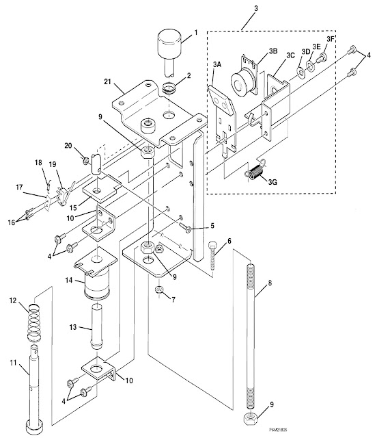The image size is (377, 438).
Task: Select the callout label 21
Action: pos(107,82)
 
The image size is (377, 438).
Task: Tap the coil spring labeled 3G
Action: pos(255,170)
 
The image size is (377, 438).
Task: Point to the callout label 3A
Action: pos(217,64)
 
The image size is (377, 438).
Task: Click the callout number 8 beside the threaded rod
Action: pos(270,283)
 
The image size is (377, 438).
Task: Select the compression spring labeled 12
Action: pos(33,322)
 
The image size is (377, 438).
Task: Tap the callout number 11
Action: pos(13,363)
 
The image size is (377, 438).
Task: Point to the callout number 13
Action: pos(73,327)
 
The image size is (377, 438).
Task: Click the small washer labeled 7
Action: pos(158,289)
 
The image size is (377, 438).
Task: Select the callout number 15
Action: pos(73,208)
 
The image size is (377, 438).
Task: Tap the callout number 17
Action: pos(19,187)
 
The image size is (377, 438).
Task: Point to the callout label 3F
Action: pos(330,39)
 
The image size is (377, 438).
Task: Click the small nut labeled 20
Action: pos(86,161)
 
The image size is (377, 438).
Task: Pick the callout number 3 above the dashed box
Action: pos(255,8)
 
